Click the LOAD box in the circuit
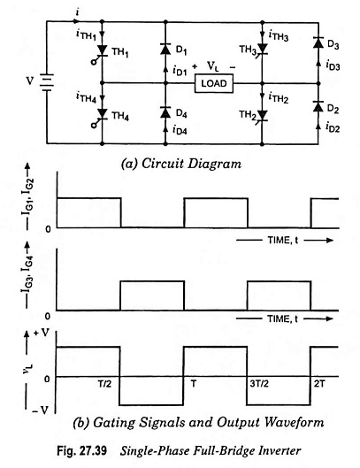click(x=214, y=83)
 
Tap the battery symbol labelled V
click(x=47, y=82)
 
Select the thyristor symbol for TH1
click(x=102, y=51)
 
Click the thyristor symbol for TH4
click(x=102, y=114)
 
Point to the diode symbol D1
click(x=165, y=50)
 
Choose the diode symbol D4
click(x=165, y=112)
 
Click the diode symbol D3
click(x=318, y=42)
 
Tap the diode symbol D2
click(x=318, y=106)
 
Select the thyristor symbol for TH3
click(x=262, y=49)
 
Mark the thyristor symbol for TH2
click(x=262, y=116)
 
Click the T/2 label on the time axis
click(x=104, y=383)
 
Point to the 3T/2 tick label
click(x=259, y=383)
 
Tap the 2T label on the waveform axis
click(x=318, y=384)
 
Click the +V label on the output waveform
click(x=41, y=333)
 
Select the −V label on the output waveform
click(x=40, y=410)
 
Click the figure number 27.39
click(x=94, y=450)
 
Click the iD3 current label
click(x=333, y=65)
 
